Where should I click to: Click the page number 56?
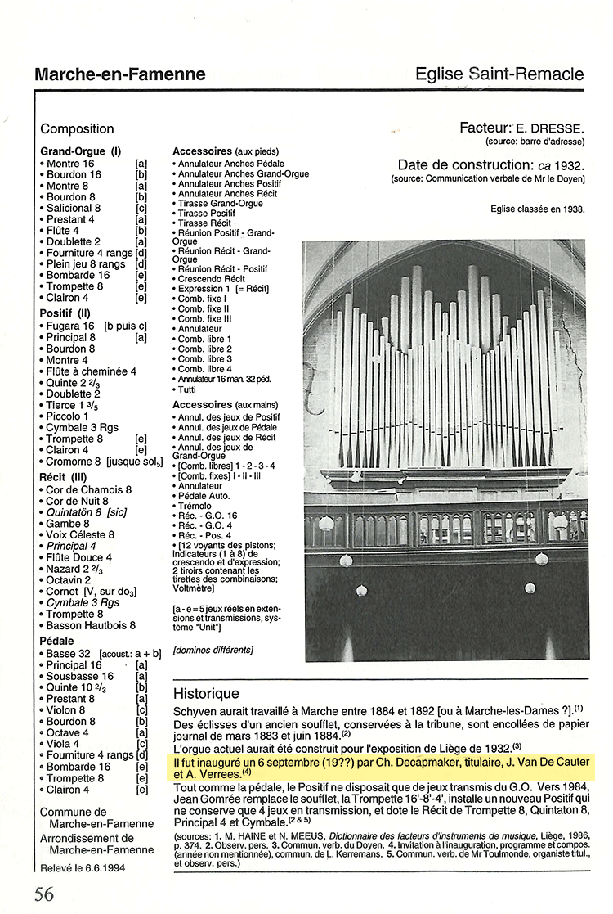click(44, 894)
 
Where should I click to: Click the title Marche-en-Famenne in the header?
click(119, 74)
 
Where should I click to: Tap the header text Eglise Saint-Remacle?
click(499, 74)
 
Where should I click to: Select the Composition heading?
click(77, 128)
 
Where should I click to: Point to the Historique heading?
click(206, 693)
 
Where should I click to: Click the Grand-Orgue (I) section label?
click(80, 151)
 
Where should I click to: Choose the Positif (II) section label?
click(68, 313)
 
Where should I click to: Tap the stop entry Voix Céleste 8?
click(80, 534)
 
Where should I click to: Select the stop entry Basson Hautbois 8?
click(91, 625)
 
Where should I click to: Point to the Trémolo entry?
click(196, 506)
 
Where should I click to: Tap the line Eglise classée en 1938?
click(537, 209)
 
